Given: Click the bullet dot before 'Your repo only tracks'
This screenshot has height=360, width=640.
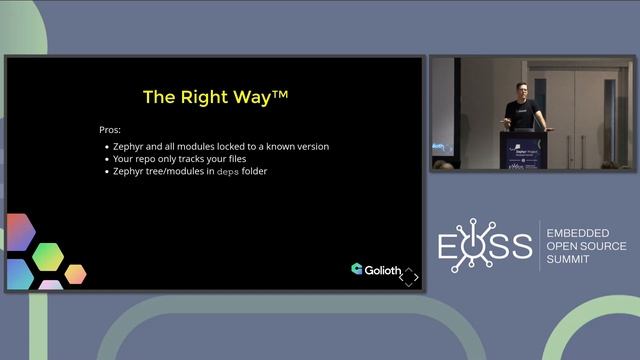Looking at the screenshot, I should [107, 159].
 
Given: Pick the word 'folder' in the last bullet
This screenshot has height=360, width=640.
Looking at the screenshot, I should [261, 172].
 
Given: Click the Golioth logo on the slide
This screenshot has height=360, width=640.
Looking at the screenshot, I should [375, 269].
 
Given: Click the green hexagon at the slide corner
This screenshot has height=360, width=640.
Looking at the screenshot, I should [47, 257].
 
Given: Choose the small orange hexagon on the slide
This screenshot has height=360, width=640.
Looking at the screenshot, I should [75, 273].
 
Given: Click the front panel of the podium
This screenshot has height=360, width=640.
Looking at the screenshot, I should [524, 150].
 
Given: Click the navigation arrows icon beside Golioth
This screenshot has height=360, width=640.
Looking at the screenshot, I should [408, 276].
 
